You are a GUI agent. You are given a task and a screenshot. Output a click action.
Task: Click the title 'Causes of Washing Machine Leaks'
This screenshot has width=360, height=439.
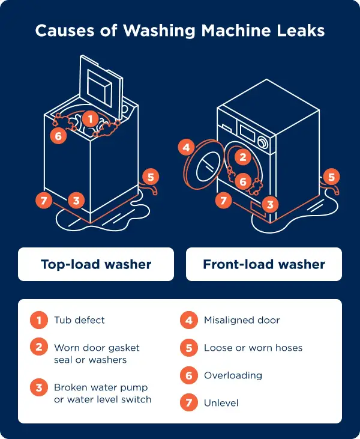pos(180,30)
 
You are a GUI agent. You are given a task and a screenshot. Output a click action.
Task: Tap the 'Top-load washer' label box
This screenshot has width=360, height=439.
pos(96,264)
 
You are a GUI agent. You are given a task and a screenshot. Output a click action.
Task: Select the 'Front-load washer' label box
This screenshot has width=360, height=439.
pos(264,264)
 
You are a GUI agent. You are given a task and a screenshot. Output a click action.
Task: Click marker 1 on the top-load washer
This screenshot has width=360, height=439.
pos(90,119)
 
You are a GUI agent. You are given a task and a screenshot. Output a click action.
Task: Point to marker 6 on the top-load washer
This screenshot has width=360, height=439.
pos(58,136)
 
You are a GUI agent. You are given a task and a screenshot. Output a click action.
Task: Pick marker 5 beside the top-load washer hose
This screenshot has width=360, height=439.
pos(151,177)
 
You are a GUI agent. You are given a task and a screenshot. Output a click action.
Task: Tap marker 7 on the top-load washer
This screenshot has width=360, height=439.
pos(43,201)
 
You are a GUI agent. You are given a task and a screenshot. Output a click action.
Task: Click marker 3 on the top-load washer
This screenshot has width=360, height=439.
pos(75,201)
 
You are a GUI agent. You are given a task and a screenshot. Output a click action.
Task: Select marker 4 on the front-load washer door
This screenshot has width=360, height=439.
pos(187,147)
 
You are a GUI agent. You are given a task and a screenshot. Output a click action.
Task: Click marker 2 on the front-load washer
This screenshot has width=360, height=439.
pos(242,157)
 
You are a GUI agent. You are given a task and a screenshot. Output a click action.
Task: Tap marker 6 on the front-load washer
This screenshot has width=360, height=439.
pos(242,181)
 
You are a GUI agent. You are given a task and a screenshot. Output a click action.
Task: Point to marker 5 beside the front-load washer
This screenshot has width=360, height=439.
pos(331,177)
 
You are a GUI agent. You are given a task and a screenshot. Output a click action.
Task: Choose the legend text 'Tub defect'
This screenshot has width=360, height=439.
pos(79,321)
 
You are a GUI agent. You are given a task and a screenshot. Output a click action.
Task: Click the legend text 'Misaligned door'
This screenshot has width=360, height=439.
pos(241,321)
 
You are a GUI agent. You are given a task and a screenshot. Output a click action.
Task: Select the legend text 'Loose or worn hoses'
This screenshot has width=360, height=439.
pos(253,348)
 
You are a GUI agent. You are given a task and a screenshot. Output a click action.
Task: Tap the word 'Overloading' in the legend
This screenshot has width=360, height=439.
pos(233,375)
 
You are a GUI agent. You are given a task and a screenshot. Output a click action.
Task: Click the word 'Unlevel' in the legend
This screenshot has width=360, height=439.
pos(221,403)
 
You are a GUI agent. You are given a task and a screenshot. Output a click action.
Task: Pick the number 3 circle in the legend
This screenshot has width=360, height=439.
pos(39,388)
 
